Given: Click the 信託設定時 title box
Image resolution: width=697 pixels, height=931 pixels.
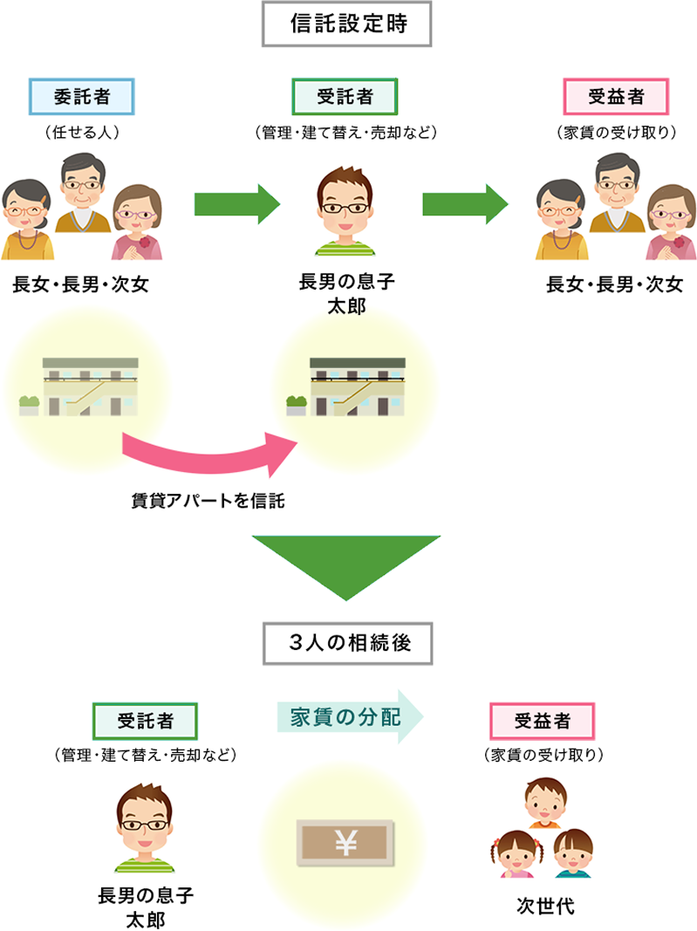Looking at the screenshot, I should pyautogui.click(x=347, y=26).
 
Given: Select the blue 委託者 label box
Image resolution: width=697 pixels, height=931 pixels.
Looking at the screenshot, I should pyautogui.click(x=83, y=97).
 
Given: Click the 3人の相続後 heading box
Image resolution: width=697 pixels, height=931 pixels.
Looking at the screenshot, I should pyautogui.click(x=347, y=643).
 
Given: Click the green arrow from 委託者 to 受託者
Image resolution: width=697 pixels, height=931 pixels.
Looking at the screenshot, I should pyautogui.click(x=236, y=205).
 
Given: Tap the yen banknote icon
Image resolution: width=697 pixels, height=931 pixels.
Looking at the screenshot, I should pyautogui.click(x=347, y=841).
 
